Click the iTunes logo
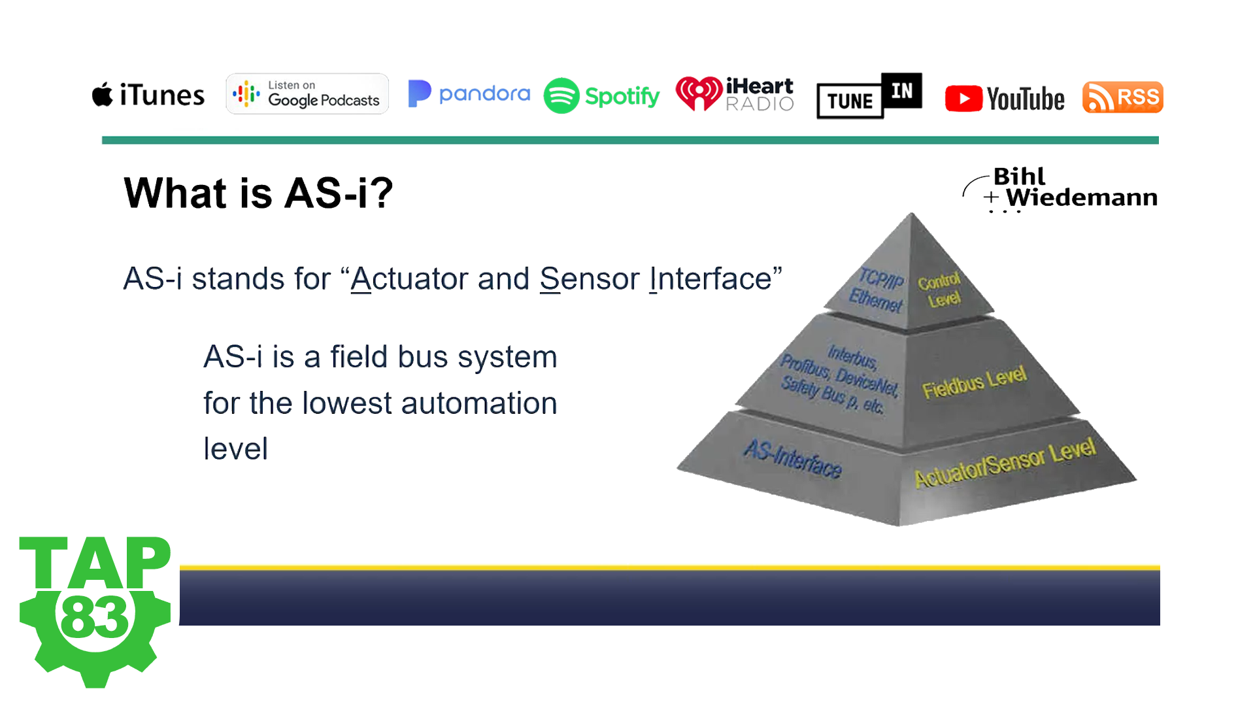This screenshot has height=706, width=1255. tap(148, 95)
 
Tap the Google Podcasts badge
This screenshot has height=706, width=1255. tap(307, 94)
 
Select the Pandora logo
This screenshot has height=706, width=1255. tap(469, 93)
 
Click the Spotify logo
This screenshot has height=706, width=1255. tap(602, 95)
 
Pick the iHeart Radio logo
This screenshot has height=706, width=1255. tap(735, 94)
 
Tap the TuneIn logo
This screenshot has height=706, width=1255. tap(869, 95)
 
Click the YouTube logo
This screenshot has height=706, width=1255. tap(1005, 99)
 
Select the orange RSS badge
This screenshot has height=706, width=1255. tap(1122, 97)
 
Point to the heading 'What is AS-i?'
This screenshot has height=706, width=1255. tap(259, 193)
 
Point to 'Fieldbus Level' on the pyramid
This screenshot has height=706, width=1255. tap(975, 382)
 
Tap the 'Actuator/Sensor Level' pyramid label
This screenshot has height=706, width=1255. tap(1005, 463)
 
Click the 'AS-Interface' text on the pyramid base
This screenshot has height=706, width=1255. tap(793, 458)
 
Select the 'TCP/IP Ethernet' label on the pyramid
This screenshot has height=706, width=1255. tap(877, 290)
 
